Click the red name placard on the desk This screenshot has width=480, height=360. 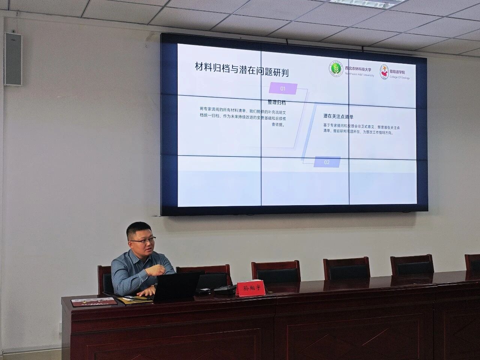[x=250, y=288]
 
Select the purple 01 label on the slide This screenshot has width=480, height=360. [x=283, y=89]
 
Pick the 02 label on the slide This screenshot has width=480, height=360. [x=327, y=162]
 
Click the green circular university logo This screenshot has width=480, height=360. [x=336, y=70]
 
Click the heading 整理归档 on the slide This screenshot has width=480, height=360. [x=276, y=102]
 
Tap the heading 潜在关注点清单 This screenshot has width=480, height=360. [x=339, y=116]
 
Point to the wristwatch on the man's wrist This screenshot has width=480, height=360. [x=153, y=286]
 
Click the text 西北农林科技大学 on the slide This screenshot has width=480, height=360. [x=358, y=69]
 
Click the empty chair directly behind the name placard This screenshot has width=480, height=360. [x=276, y=271]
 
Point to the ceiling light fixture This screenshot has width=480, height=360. [x=360, y=1]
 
